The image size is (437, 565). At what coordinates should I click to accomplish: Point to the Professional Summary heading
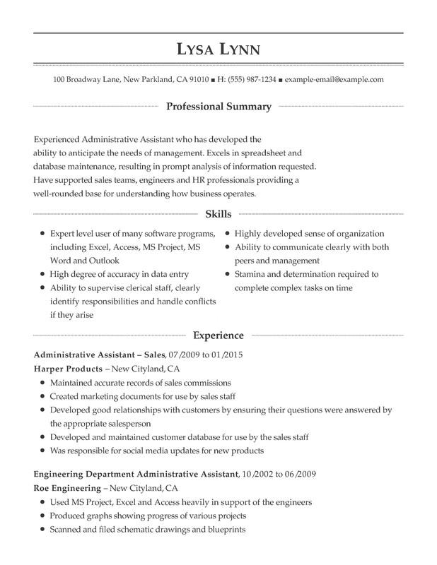pyautogui.click(x=218, y=107)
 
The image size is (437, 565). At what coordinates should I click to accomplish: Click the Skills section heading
pyautogui.click(x=218, y=213)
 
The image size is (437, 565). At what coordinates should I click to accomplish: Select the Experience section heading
pyautogui.click(x=218, y=335)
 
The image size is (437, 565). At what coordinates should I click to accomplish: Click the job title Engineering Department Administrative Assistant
pyautogui.click(x=136, y=474)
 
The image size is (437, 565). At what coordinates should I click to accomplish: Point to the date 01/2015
pyautogui.click(x=226, y=355)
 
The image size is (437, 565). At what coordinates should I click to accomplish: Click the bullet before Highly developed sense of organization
pyautogui.click(x=227, y=234)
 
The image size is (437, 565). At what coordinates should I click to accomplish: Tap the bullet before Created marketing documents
pyautogui.click(x=43, y=396)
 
